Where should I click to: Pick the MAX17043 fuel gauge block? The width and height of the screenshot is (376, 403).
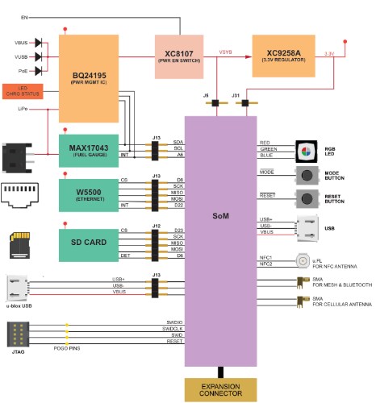(x=89, y=151)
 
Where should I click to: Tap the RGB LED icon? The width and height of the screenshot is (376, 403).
(x=306, y=150)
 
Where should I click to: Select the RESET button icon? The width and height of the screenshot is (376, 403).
(x=306, y=199)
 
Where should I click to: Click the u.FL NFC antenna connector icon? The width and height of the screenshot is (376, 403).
(x=305, y=261)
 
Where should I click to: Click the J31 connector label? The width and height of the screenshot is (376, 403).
(x=236, y=96)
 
